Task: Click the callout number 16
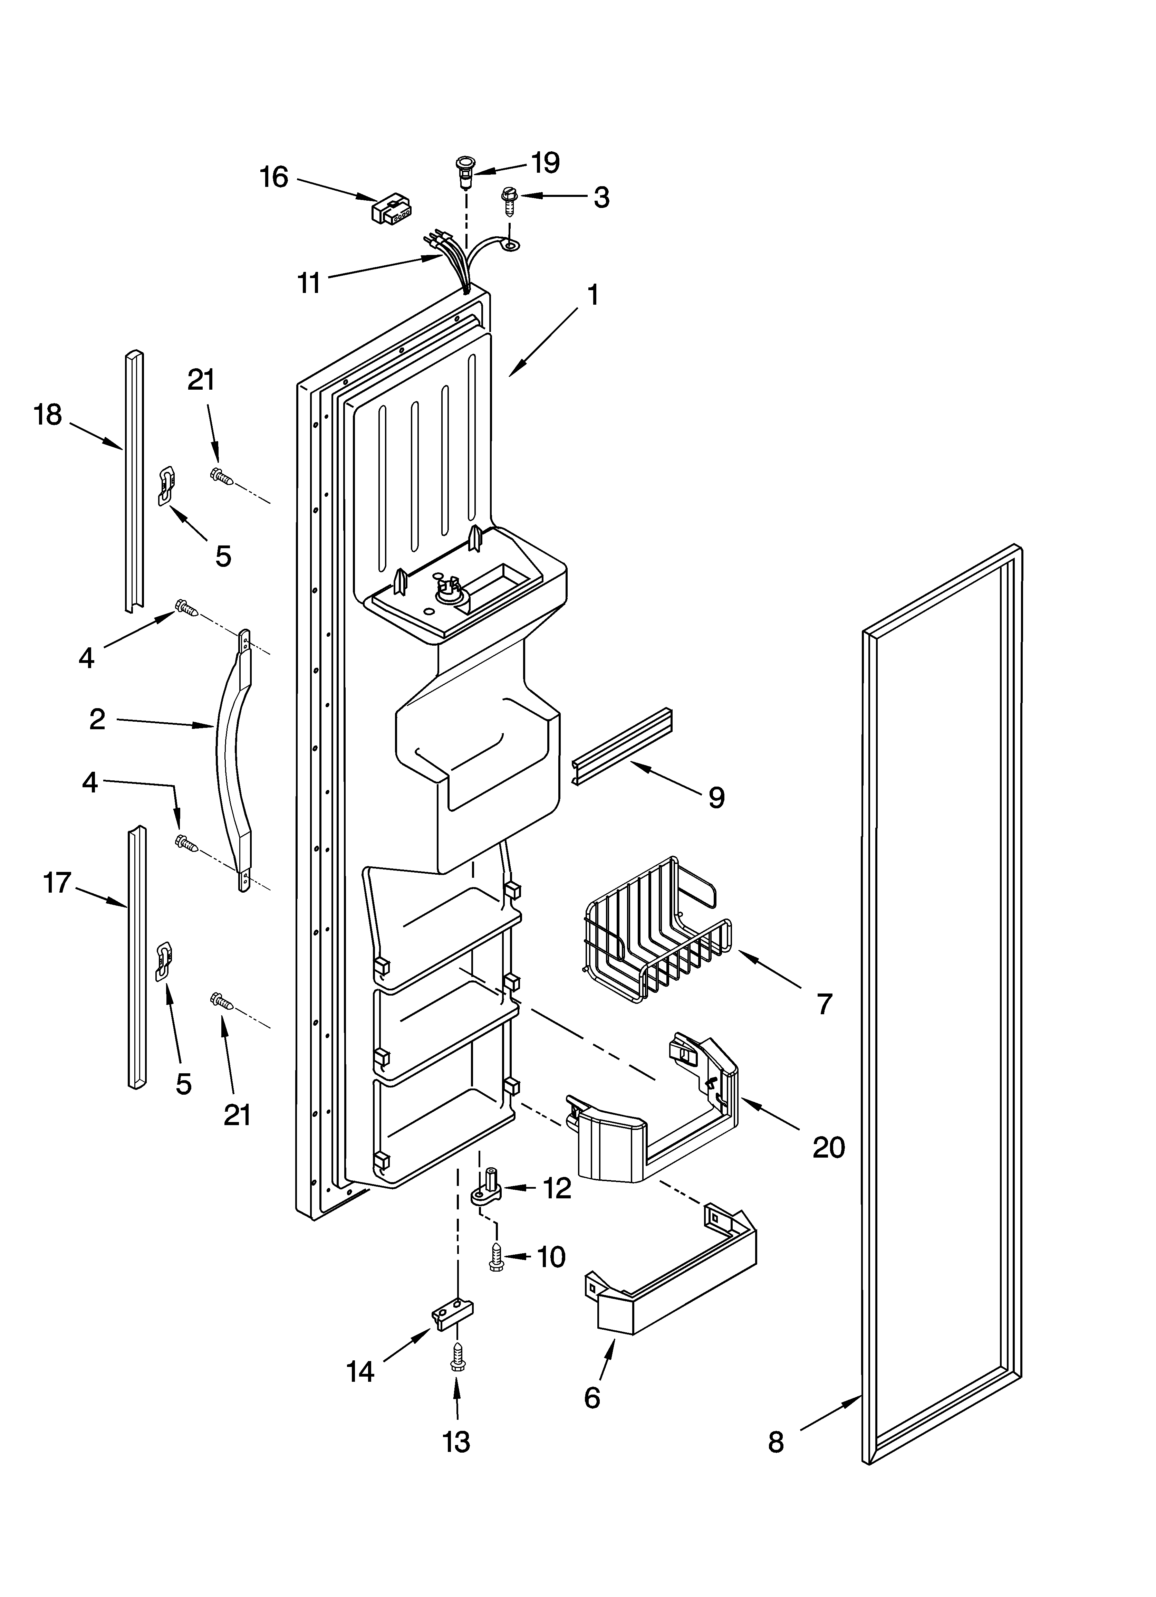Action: [x=274, y=177]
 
